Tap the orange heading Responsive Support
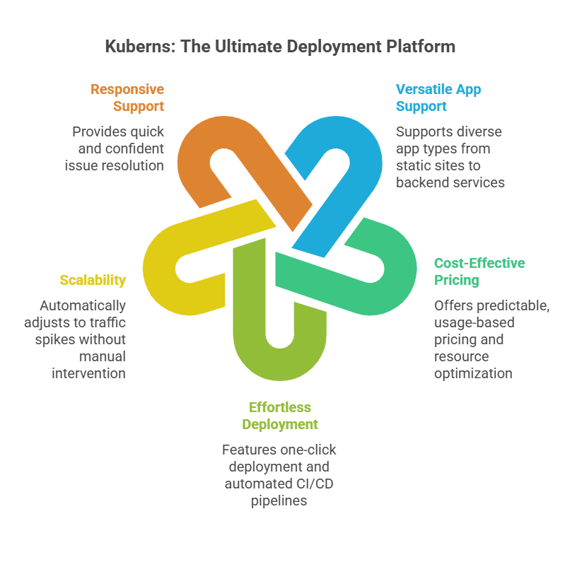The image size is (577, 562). (x=127, y=98)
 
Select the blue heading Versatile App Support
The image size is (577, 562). (x=438, y=98)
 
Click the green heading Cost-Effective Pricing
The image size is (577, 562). (x=479, y=271)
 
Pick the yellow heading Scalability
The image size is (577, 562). (x=93, y=280)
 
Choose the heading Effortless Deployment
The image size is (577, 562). (x=280, y=416)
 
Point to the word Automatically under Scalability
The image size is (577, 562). (x=83, y=305)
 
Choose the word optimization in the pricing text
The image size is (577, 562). (x=473, y=373)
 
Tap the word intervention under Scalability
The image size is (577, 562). (x=88, y=373)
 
